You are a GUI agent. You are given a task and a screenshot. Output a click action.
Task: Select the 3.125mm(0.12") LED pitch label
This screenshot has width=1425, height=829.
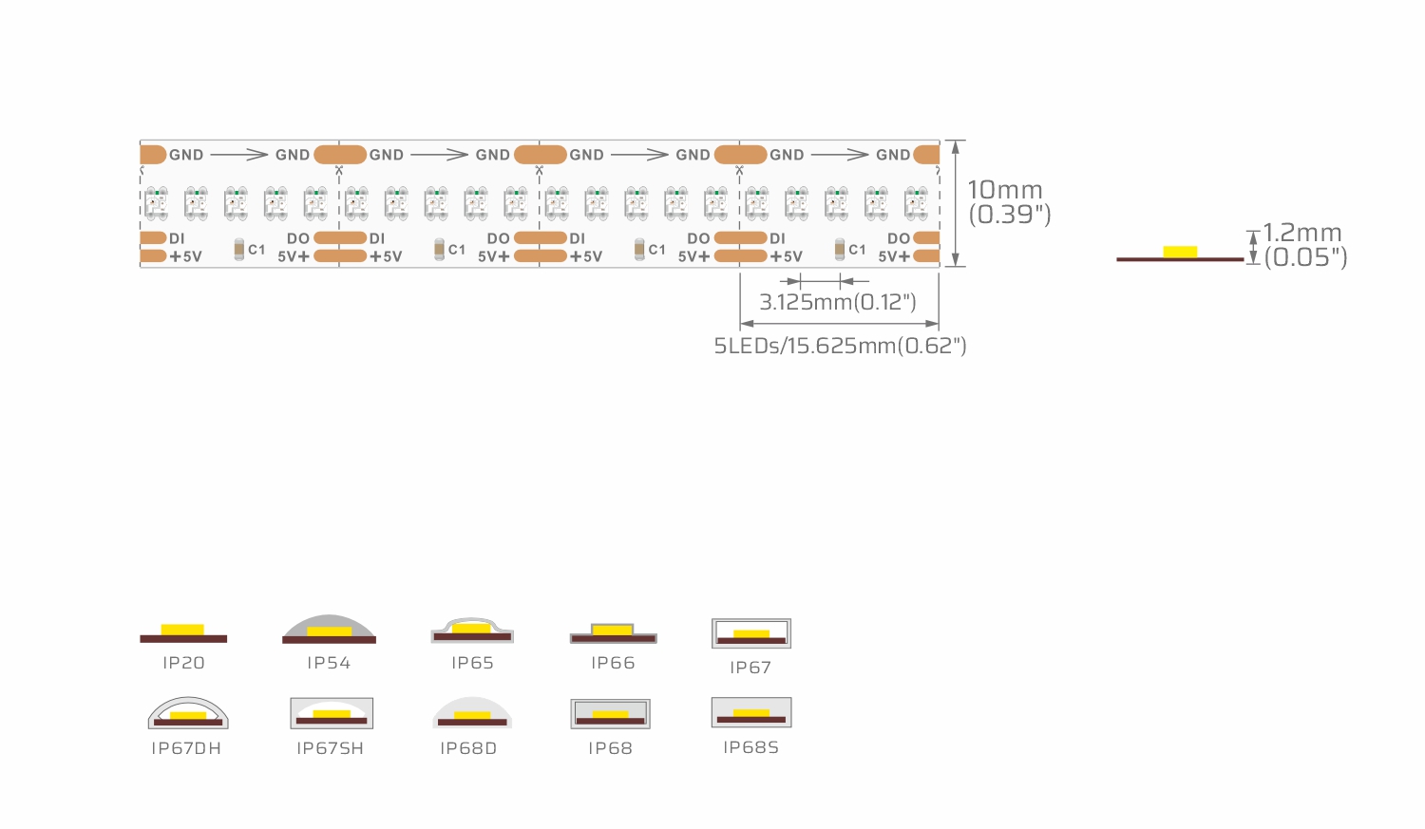[x=838, y=302]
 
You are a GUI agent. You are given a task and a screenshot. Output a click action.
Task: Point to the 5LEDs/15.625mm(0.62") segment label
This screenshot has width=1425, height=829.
[x=840, y=346]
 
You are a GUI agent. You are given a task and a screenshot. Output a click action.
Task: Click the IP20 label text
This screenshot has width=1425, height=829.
[x=184, y=663]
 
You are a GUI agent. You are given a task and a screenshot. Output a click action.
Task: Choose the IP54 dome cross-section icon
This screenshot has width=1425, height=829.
[x=329, y=630]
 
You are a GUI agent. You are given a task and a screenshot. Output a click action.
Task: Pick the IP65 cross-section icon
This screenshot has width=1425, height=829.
[x=472, y=630]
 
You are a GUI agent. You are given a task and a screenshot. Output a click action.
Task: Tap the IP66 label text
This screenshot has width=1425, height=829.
[x=613, y=663]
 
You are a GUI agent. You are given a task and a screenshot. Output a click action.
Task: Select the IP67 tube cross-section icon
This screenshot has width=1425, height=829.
[x=751, y=633]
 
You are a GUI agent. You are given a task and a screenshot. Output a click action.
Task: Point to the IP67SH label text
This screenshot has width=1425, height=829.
[x=331, y=748]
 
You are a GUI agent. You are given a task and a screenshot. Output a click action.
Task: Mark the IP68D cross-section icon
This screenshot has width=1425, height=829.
[x=472, y=713]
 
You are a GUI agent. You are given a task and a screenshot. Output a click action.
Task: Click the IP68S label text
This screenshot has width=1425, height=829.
[x=750, y=747]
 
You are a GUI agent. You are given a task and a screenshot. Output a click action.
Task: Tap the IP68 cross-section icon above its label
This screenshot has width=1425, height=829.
[x=610, y=713]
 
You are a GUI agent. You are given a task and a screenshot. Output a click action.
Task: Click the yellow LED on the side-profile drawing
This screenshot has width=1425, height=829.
[x=1180, y=252]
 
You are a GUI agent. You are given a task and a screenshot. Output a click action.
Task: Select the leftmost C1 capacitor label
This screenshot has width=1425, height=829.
[x=256, y=250]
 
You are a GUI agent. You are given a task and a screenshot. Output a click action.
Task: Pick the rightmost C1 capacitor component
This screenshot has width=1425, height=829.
[x=839, y=249]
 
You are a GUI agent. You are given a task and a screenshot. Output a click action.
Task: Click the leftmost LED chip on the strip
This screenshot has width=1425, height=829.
[x=156, y=203]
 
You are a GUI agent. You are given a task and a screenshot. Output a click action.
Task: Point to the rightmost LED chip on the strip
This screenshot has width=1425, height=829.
[x=916, y=203]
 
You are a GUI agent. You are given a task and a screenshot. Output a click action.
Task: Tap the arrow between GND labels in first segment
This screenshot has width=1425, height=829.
[x=239, y=155]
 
